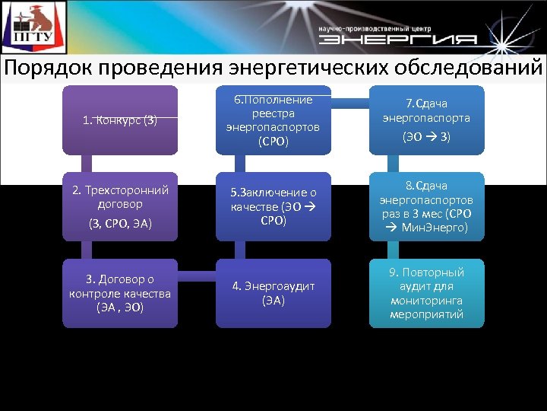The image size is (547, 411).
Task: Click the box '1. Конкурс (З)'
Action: pyautogui.click(x=120, y=120)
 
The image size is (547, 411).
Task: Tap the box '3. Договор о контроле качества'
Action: pyautogui.click(x=120, y=293)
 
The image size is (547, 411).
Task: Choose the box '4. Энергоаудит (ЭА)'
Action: pyautogui.click(x=273, y=293)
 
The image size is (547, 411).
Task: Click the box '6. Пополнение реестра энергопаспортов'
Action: pyautogui.click(x=273, y=120)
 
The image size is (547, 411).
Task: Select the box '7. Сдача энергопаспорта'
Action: pyautogui.click(x=426, y=120)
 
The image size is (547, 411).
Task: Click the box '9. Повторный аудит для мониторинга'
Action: pyautogui.click(x=426, y=293)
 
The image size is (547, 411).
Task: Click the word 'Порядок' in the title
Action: pyautogui.click(x=47, y=68)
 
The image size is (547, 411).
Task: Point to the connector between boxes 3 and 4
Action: pyautogui.click(x=197, y=272)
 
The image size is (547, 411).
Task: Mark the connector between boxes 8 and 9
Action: pyautogui.click(x=392, y=250)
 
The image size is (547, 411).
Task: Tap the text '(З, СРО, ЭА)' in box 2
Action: pyautogui.click(x=120, y=223)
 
